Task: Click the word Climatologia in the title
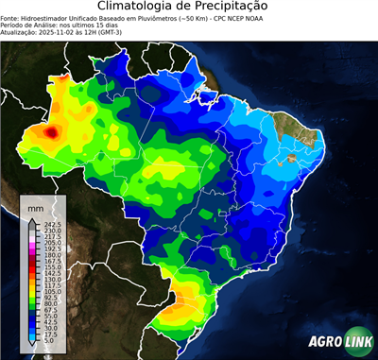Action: pos(136,7)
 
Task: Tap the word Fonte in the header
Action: pos(10,18)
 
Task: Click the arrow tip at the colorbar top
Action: pos(33,217)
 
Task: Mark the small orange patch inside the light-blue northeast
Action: pos(292,158)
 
